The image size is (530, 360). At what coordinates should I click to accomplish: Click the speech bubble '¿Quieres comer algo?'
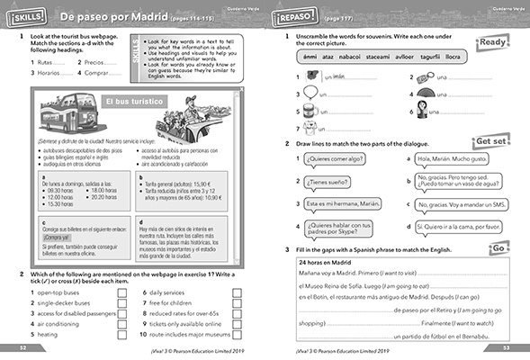pos(334,161)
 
